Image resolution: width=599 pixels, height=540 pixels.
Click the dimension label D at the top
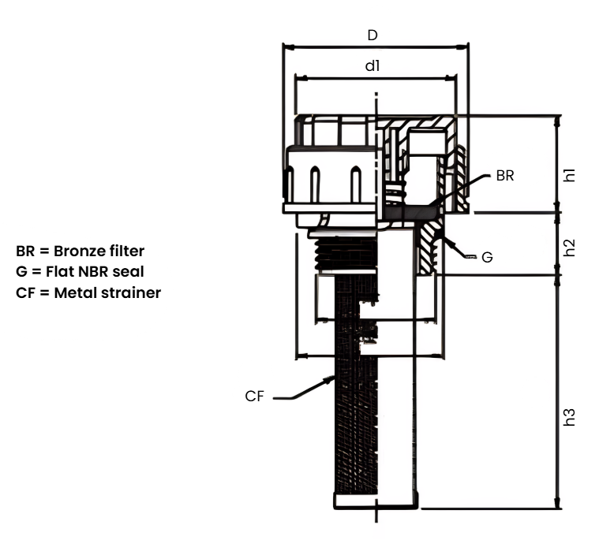(373, 35)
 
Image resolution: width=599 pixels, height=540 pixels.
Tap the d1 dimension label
(373, 66)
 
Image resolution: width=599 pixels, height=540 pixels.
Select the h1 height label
(569, 175)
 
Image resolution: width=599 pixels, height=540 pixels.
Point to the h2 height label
(569, 248)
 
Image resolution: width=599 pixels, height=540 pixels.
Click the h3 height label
(569, 417)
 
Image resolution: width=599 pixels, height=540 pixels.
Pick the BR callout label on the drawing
(505, 176)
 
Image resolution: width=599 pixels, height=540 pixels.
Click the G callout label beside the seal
(487, 258)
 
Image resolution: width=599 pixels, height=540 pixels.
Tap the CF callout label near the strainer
(254, 396)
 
